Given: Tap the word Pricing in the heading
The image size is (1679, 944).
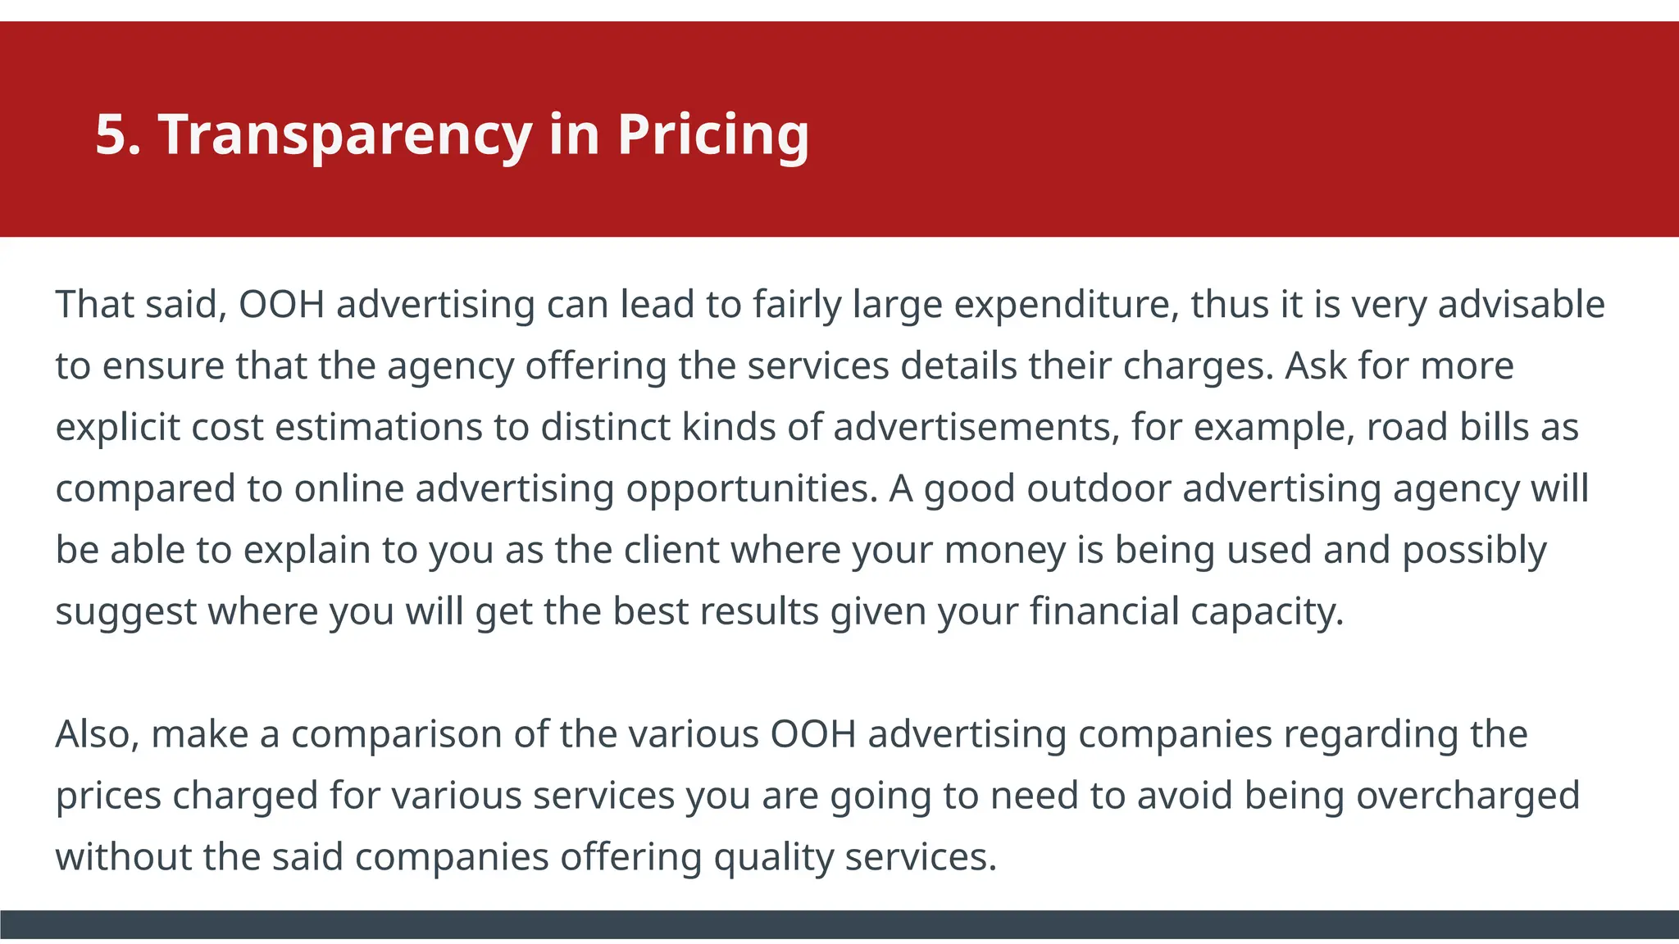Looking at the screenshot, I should click(713, 134).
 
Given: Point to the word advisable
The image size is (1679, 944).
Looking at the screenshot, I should click(1522, 305).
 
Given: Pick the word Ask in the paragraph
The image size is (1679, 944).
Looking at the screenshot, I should click(1315, 365).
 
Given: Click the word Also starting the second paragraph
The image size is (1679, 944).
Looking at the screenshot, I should click(97, 734).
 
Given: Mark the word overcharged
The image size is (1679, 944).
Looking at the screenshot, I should click(1467, 796).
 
